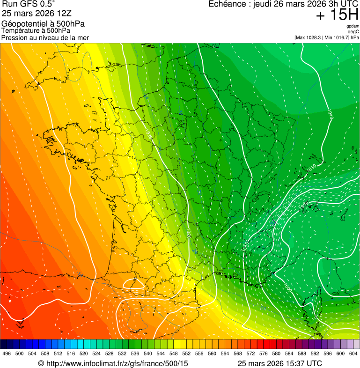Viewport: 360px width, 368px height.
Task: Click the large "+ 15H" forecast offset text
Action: click(337, 15)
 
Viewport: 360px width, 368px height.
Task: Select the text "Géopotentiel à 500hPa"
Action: click(43, 24)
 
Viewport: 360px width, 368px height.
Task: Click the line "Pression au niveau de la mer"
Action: click(45, 37)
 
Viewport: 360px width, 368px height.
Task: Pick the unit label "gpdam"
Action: click(353, 27)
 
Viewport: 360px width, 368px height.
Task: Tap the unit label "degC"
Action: click(353, 32)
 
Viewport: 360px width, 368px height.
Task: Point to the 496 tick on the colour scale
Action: click(7, 353)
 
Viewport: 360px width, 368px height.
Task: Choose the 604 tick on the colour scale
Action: click(353, 353)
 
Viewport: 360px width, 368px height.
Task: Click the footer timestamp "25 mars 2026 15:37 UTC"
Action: click(279, 363)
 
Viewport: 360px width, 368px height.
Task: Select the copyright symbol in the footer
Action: click(41, 363)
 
